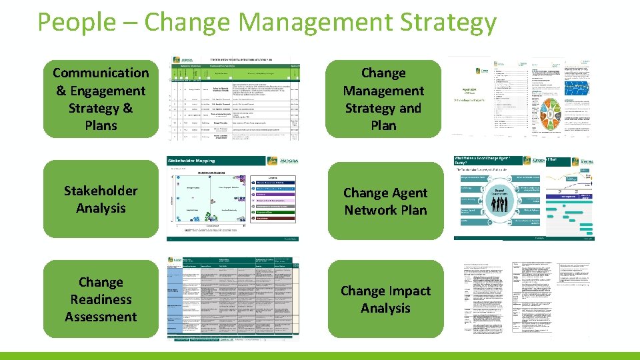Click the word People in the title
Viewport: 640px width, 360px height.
pyautogui.click(x=67, y=22)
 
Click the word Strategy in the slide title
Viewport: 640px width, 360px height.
pyautogui.click(x=448, y=22)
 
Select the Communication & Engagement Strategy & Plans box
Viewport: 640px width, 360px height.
pyautogui.click(x=101, y=99)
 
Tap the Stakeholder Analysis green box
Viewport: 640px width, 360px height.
pyautogui.click(x=101, y=199)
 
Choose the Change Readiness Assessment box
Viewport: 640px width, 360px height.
pyautogui.click(x=101, y=299)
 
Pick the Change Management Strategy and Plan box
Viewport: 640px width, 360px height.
pyautogui.click(x=383, y=99)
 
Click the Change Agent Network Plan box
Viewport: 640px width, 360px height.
pyautogui.click(x=385, y=201)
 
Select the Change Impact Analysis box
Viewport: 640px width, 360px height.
pyautogui.click(x=385, y=299)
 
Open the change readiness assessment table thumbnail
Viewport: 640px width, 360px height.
pyautogui.click(x=233, y=299)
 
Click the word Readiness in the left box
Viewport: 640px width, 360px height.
pyautogui.click(x=101, y=299)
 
